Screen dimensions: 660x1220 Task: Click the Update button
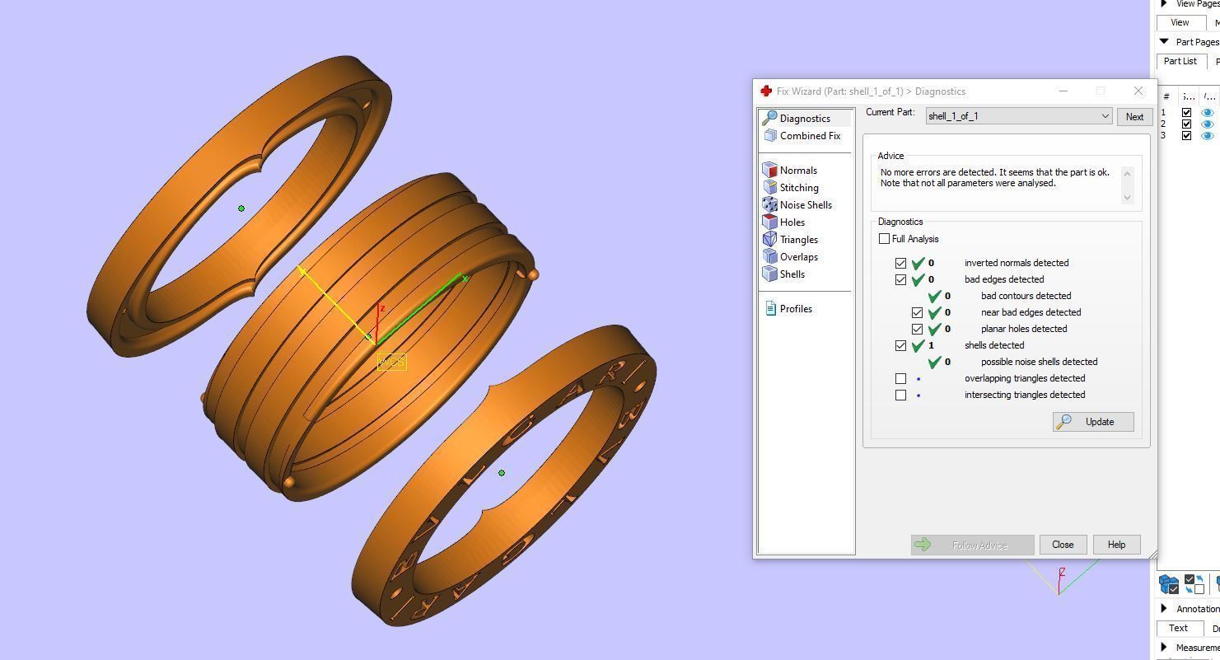(1093, 422)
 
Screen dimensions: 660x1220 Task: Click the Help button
(1116, 545)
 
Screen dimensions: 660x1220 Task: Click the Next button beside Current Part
(1134, 116)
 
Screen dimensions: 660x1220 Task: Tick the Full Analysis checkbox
(885, 239)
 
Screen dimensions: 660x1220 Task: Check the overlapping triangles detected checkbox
(901, 378)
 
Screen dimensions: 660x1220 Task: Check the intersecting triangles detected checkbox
(901, 395)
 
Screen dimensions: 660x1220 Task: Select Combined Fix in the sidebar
(809, 136)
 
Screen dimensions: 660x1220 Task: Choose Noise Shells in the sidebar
(805, 205)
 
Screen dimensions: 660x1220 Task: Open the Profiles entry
(795, 309)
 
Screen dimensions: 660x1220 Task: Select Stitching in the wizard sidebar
(798, 188)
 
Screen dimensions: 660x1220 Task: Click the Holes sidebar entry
(792, 222)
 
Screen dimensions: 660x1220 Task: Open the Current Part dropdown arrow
(1105, 116)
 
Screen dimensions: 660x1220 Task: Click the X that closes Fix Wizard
(1138, 91)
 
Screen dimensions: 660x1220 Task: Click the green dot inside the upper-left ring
(241, 208)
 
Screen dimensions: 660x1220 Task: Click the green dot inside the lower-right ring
(502, 473)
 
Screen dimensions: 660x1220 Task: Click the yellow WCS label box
(391, 363)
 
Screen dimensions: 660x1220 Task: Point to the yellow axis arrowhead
(302, 270)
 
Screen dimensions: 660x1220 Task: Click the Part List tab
(1180, 61)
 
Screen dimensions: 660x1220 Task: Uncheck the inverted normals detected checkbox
(901, 263)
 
